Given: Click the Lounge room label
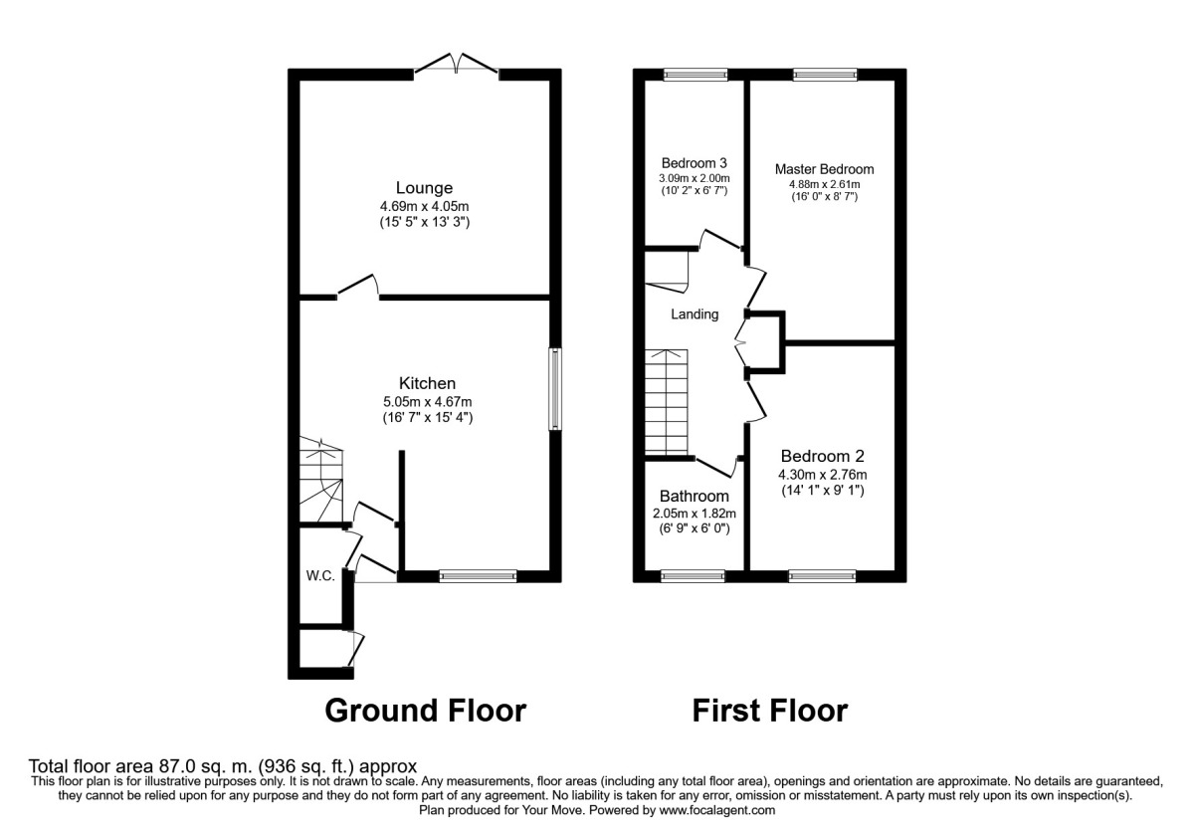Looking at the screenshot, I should coord(424,187).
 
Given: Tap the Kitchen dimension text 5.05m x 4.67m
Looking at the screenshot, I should coord(427,402).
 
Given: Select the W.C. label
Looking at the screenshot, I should coord(318,575).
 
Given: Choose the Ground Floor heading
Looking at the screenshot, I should coord(426,711).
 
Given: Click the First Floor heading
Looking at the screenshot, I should coord(769,711).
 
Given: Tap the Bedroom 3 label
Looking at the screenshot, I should coord(694,163).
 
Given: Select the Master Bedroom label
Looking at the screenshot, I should coord(824,169).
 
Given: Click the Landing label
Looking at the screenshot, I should coord(694,314).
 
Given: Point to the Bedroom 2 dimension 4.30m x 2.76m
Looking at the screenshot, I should coord(823,474).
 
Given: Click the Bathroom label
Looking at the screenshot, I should coord(694,496).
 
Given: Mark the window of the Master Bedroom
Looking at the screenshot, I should coord(825,74).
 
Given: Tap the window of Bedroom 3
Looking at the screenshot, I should coord(696,74).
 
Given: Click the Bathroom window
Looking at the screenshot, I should coord(694,575).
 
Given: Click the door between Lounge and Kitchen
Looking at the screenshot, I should coord(359,289).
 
